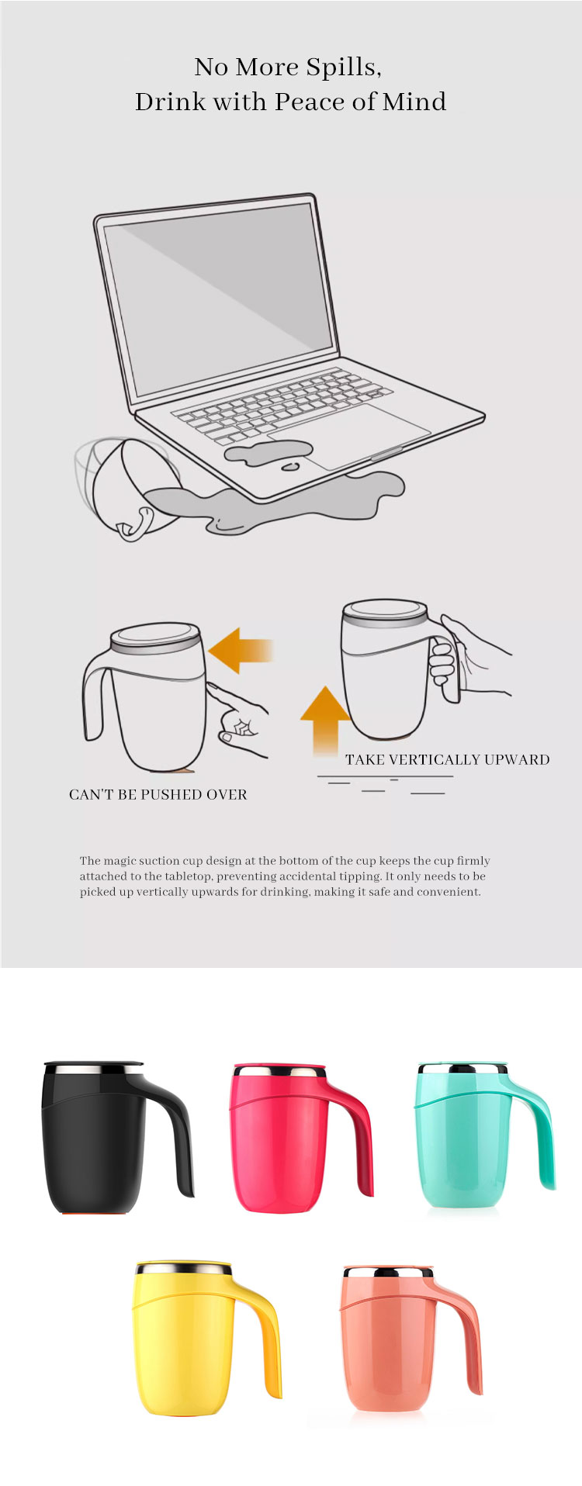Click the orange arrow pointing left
[x=241, y=650]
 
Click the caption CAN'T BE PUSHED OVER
[x=158, y=794]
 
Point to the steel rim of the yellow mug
[x=184, y=1269]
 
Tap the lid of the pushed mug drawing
[x=156, y=638]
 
